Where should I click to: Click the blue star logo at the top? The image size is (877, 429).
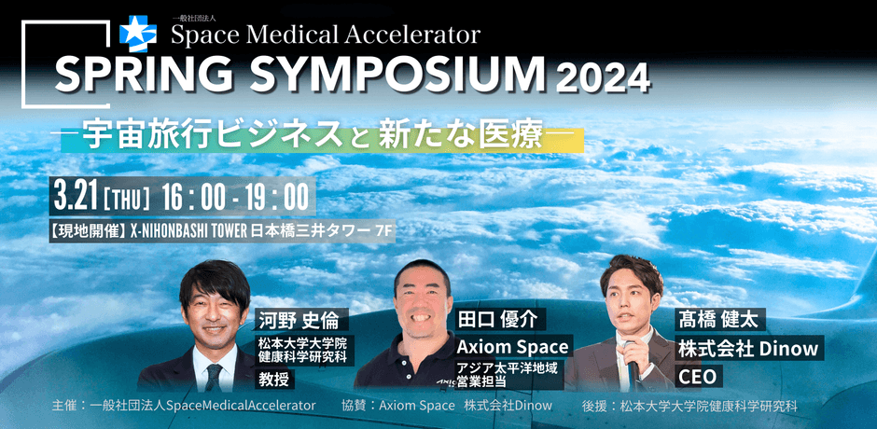(x=137, y=34)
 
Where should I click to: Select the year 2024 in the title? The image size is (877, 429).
(x=603, y=79)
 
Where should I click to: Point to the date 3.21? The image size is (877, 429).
(x=75, y=197)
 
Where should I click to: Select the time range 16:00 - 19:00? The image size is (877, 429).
(x=235, y=197)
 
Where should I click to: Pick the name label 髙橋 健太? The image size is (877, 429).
(x=718, y=319)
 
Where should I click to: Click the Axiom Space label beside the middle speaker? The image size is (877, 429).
(x=513, y=346)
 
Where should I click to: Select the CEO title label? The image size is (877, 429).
(x=697, y=377)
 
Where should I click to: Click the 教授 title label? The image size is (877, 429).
(x=273, y=380)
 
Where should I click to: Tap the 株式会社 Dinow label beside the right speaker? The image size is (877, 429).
(x=748, y=349)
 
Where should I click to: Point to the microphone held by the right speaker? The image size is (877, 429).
(x=632, y=360)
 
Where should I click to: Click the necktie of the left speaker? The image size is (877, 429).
(x=213, y=377)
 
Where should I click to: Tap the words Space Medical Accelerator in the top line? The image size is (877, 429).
(x=326, y=35)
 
